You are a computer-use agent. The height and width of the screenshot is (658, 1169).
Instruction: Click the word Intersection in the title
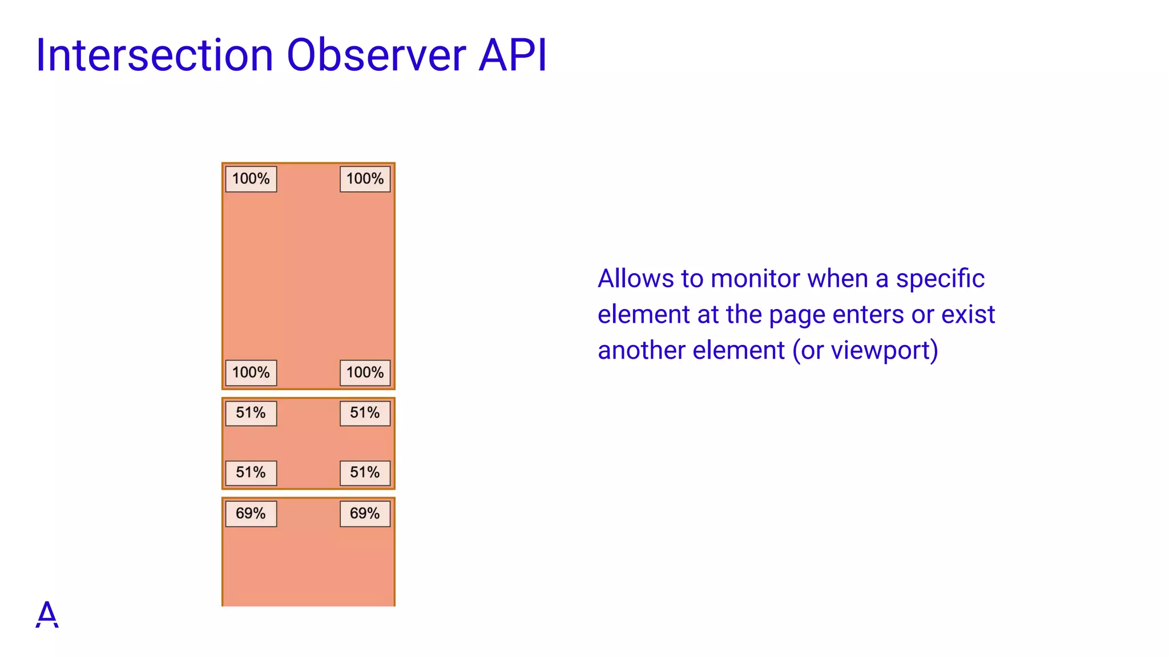[x=155, y=55]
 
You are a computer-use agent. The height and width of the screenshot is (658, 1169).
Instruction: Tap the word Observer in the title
[x=376, y=55]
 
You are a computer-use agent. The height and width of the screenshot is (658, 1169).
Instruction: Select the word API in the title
[x=513, y=55]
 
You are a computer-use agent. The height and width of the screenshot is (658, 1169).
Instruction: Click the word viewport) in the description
[x=885, y=351]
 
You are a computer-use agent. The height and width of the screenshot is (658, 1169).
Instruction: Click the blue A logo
[x=47, y=615]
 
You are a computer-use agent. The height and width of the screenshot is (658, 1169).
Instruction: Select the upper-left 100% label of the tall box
[x=251, y=179]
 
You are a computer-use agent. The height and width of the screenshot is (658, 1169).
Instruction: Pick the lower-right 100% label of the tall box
[x=365, y=372]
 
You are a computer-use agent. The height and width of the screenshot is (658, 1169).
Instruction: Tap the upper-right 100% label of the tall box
[x=365, y=179]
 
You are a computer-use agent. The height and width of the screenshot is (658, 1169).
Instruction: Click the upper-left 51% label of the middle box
[x=251, y=413]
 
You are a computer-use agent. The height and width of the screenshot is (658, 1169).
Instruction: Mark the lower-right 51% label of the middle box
[x=365, y=472]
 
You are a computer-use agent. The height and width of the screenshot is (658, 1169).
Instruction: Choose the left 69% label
[x=251, y=513]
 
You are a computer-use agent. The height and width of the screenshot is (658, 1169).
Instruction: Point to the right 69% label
[x=365, y=513]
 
